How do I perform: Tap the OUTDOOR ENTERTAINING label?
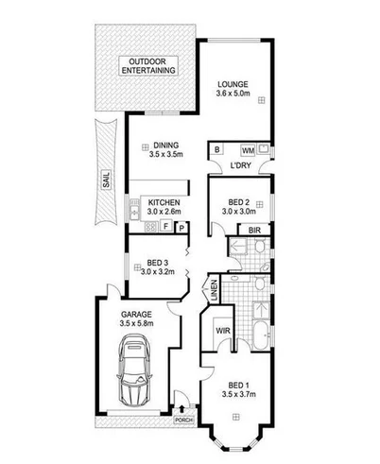pos(147,66)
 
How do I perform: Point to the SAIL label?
pos(105,179)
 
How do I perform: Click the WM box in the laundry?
pos(248,150)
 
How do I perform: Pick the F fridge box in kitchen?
pos(166,227)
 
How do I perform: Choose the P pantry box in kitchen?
pos(179,227)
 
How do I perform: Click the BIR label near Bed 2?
pos(254,230)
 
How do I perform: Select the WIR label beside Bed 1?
pos(224,332)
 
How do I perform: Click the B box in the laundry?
pos(217,150)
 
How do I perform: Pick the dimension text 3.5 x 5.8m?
pos(138,324)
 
